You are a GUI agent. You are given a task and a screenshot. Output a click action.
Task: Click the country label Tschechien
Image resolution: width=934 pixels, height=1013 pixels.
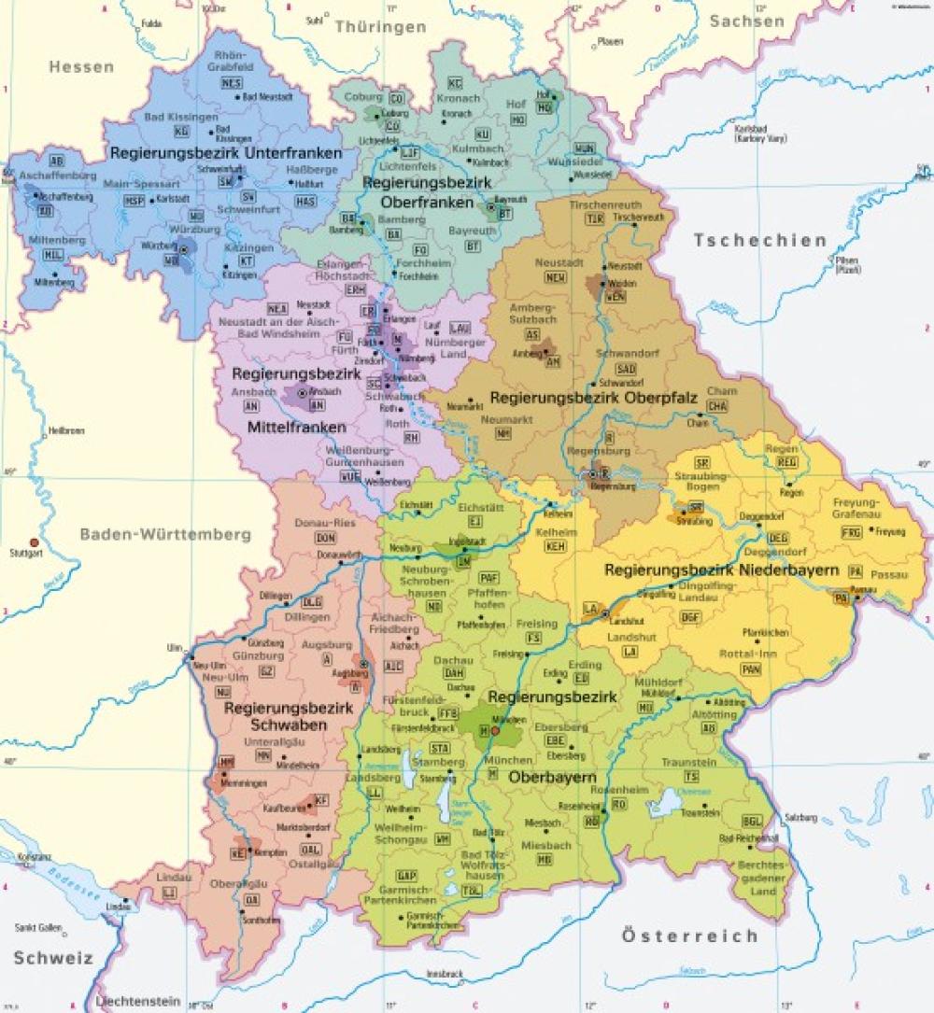point(760,241)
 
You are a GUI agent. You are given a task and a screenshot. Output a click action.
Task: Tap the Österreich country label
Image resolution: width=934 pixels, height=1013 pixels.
point(689,935)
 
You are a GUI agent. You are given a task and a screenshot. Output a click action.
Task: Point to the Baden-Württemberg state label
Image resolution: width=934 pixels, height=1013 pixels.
point(165,535)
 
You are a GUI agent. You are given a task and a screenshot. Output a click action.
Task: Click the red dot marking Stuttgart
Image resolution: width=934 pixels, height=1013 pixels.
point(35,542)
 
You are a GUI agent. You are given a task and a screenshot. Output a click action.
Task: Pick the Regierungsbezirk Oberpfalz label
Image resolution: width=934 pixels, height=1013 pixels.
point(594,398)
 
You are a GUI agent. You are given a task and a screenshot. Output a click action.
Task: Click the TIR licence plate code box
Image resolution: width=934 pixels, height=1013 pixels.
point(593,218)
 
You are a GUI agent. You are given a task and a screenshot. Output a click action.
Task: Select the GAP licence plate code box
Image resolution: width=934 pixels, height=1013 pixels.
point(405,876)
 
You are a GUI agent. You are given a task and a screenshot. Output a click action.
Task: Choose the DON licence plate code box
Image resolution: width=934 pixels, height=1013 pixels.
point(324,539)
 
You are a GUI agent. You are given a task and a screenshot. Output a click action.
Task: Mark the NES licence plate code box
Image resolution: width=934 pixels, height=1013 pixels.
point(232,83)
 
